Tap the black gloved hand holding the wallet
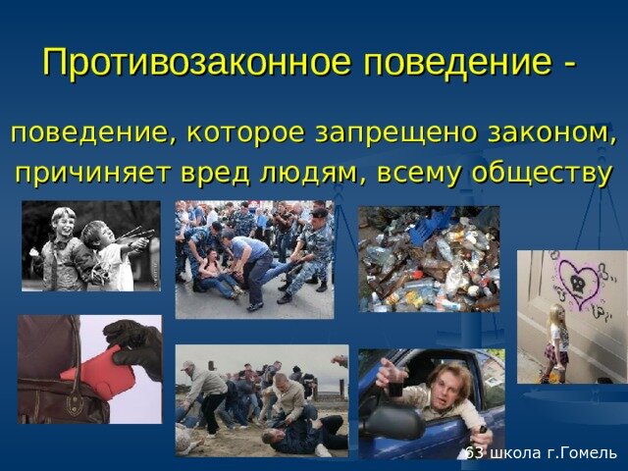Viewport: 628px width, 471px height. point(135,344)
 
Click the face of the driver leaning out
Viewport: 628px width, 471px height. point(444,387)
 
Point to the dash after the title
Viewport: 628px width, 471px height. point(569,65)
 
